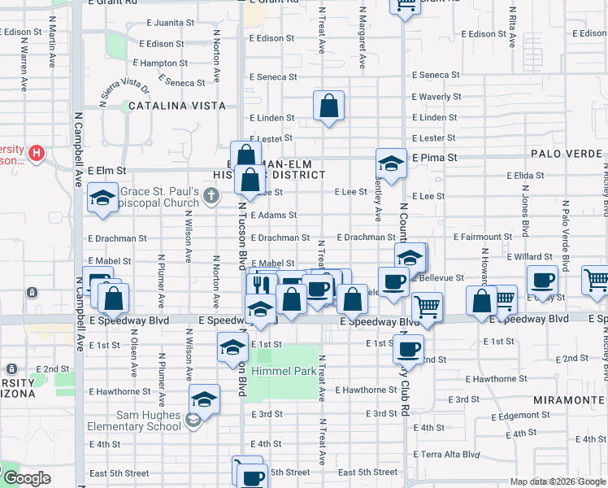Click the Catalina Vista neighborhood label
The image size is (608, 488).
(176, 106)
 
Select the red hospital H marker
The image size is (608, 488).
(36, 152)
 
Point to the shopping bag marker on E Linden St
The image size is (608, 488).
(328, 106)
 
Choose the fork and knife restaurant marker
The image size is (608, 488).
(261, 284)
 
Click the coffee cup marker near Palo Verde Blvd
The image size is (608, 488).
(542, 280)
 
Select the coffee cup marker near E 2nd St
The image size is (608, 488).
(409, 348)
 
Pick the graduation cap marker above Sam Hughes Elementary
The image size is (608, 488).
(205, 399)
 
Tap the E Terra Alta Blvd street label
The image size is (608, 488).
(449, 454)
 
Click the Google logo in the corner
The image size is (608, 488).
(26, 478)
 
